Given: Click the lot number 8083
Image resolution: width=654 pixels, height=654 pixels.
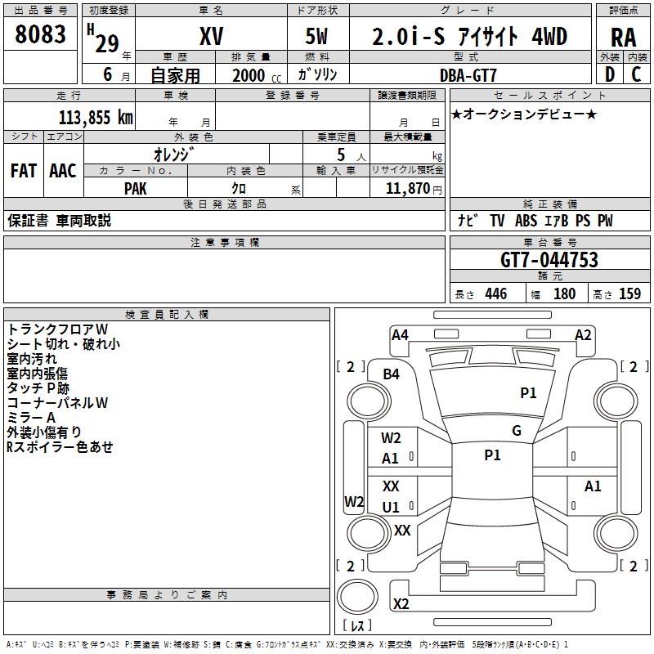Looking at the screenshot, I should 40,36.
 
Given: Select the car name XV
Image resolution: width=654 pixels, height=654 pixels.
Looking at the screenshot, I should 211,38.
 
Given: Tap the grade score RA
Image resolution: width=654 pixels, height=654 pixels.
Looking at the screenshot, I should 623,37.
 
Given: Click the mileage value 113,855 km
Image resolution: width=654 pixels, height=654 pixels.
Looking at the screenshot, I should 96,117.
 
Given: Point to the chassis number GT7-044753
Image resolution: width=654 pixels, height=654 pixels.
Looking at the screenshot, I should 549,260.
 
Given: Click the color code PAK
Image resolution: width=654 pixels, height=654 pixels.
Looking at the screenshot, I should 136,188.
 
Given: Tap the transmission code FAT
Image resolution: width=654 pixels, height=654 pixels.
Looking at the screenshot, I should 24,170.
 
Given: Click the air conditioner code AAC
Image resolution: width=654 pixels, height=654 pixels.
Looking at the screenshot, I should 62,170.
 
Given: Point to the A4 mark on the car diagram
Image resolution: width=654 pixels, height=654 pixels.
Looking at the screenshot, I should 400,334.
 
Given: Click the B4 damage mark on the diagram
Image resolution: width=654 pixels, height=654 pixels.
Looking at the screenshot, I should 392,374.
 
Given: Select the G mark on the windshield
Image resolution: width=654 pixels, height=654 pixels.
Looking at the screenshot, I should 517,431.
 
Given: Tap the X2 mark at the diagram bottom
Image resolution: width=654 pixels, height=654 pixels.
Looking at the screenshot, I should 401,604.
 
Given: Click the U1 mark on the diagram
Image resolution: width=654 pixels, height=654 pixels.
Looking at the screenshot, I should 392,507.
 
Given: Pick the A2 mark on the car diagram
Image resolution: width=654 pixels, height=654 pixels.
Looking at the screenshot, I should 583,334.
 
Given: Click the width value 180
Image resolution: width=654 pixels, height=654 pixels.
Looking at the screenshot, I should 564,294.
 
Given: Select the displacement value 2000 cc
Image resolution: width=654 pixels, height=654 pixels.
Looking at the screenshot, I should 254,75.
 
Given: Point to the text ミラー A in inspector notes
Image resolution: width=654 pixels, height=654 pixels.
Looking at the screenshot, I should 31,418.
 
